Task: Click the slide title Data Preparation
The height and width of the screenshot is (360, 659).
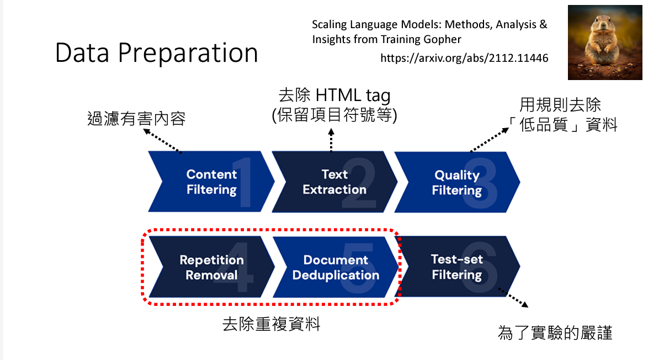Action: (x=157, y=54)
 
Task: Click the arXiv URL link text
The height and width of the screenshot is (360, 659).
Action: (x=464, y=58)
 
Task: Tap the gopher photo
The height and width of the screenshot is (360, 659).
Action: (x=605, y=43)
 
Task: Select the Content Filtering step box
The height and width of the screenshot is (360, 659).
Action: (x=211, y=182)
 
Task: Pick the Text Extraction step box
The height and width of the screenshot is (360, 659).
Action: (x=334, y=182)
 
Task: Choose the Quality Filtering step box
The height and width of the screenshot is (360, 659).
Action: (x=457, y=182)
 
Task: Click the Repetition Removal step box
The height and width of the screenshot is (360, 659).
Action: (x=211, y=267)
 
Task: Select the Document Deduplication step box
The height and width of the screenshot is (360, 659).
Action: (x=336, y=267)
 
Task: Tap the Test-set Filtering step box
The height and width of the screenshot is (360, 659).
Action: (x=457, y=267)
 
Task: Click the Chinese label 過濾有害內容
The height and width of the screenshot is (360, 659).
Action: (x=136, y=119)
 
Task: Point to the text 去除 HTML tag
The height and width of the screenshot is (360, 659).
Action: (x=334, y=96)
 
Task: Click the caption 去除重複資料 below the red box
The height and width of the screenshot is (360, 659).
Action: (x=271, y=324)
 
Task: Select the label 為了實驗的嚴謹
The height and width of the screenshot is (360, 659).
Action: (x=555, y=333)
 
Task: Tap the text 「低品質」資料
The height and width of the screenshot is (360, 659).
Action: (x=568, y=125)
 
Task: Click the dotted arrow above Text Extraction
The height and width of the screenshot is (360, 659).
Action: (x=331, y=140)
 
